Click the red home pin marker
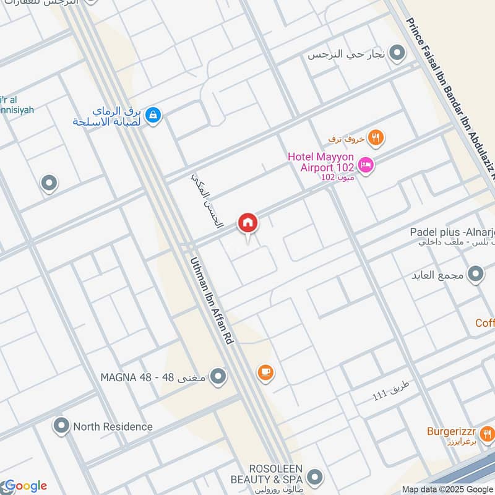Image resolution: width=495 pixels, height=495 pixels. [x=247, y=223]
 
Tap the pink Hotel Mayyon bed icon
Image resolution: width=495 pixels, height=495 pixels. [x=366, y=165]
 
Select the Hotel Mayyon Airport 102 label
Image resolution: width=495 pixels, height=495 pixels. [x=321, y=161]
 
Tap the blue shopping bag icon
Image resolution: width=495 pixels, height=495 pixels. [x=154, y=114]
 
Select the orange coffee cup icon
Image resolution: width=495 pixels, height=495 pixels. [x=265, y=372]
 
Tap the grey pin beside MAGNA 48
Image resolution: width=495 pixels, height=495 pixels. [x=218, y=376]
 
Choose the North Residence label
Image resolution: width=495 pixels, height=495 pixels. [x=113, y=426]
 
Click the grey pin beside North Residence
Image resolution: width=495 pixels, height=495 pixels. [x=61, y=426]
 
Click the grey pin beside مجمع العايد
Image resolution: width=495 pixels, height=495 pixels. [x=475, y=273]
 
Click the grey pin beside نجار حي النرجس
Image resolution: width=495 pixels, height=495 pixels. [x=398, y=53]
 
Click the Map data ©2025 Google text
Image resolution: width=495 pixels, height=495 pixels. [x=447, y=489]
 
